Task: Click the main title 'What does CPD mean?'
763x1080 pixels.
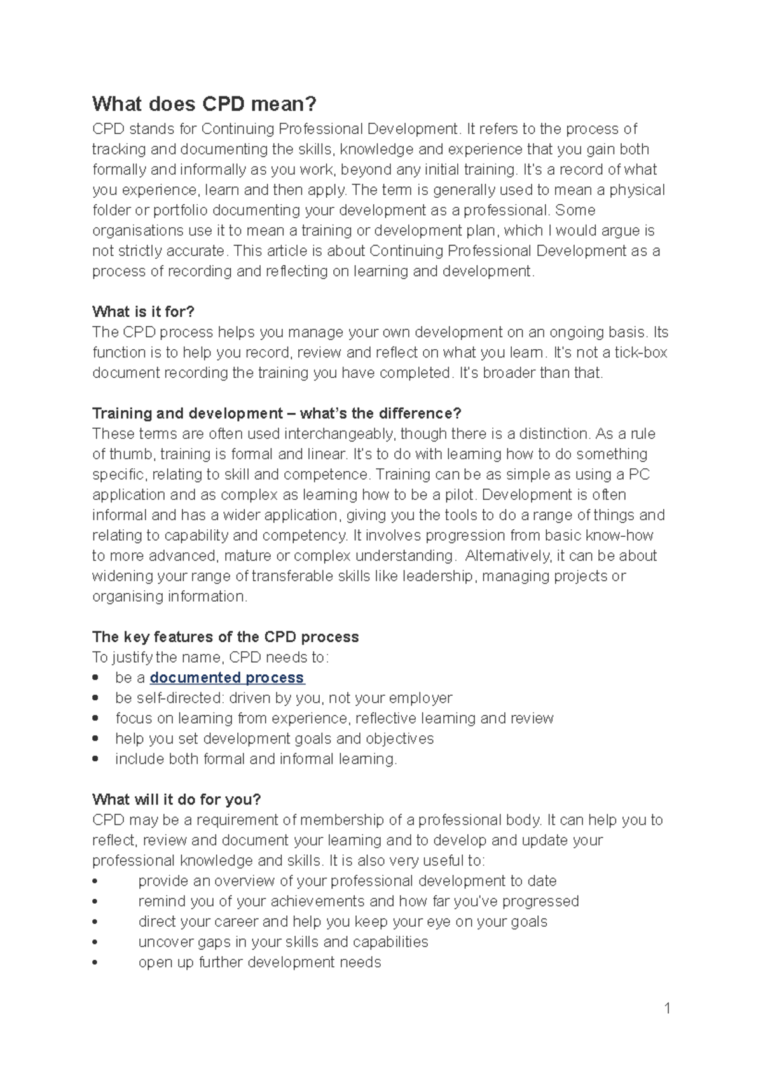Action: point(204,104)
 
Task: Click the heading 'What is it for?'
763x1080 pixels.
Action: point(143,312)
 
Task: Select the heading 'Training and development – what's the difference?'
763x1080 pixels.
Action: point(277,413)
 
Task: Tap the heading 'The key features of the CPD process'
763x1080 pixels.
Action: point(225,637)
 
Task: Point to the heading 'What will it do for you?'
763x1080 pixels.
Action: point(177,800)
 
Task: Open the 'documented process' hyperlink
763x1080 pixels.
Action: point(227,677)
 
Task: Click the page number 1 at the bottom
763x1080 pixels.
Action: point(667,1007)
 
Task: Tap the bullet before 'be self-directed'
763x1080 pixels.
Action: point(95,698)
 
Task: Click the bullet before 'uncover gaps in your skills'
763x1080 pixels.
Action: point(95,942)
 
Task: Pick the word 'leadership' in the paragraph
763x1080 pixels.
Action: point(438,576)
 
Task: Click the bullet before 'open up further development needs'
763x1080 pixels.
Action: point(95,962)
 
